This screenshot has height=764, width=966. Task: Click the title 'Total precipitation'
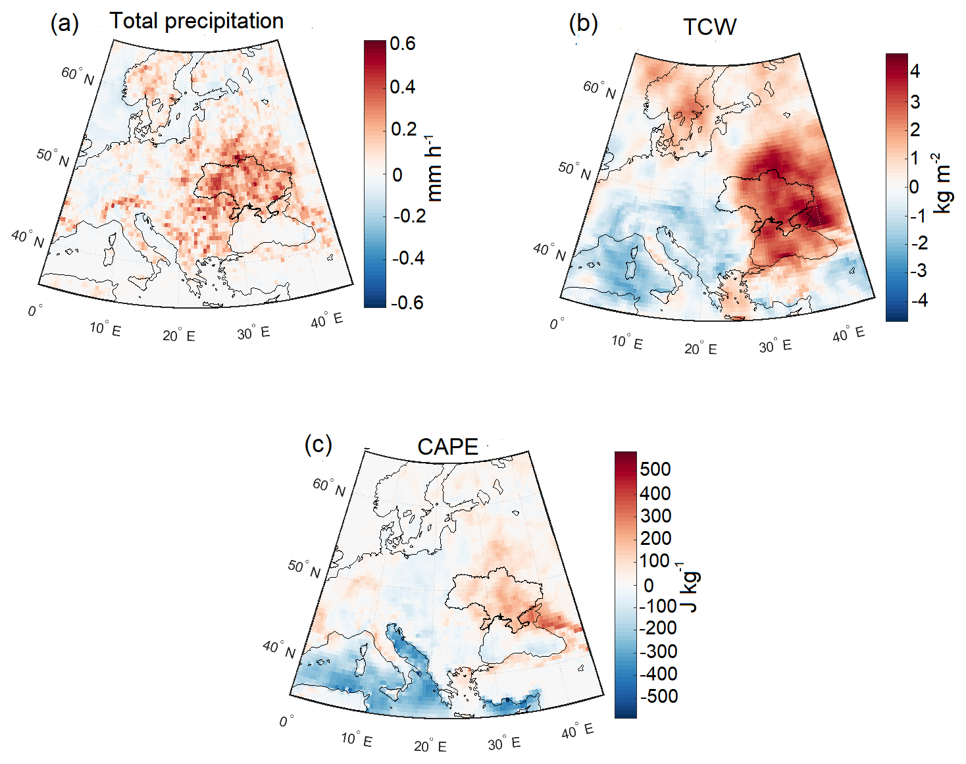196,21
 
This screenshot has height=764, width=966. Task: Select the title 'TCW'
709,27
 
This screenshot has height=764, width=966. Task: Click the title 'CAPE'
447,447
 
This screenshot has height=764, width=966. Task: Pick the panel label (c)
318,444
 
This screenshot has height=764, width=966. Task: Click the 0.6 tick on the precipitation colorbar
403,43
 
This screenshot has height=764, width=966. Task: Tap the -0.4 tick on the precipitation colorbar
408,258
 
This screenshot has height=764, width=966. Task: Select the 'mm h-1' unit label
434,169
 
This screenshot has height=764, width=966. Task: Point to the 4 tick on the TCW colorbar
915,70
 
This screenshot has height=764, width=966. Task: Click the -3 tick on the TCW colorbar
919,270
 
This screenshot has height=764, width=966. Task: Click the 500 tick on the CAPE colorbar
655,469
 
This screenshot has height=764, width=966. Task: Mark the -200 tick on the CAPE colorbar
657,628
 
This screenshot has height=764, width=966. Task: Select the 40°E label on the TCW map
848,334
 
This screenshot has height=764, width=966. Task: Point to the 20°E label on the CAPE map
430,746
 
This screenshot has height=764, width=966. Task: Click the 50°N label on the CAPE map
304,569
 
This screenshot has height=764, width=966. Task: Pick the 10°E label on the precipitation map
105,328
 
